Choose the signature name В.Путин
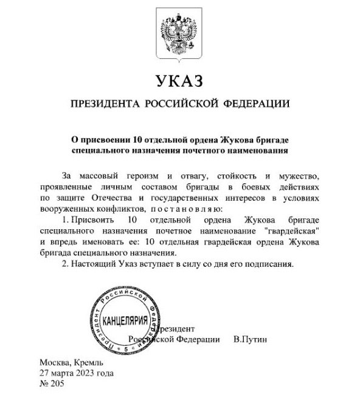pos(250,339)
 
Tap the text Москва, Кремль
pos(68,362)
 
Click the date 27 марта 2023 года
pos(76,373)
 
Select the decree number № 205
pos(52,384)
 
